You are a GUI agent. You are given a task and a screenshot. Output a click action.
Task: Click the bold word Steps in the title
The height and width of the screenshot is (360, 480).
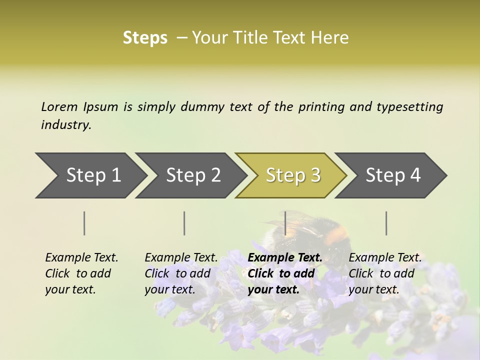pos(145,38)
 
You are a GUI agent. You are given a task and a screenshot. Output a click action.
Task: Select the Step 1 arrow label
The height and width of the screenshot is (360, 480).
pos(93,175)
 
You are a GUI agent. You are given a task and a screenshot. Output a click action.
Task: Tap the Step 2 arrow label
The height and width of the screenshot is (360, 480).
pos(193,175)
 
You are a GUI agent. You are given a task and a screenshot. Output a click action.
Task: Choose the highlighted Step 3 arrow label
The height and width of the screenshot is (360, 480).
pos(293,175)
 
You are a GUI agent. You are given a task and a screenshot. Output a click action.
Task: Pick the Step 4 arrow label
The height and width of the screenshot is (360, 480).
pos(393,175)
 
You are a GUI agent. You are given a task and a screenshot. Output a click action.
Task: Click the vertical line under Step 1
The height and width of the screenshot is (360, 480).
pos(84,223)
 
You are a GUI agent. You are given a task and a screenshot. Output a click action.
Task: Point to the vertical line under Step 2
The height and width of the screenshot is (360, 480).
pos(184,223)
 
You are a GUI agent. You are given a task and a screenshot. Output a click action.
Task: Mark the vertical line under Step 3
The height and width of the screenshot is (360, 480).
pos(285,223)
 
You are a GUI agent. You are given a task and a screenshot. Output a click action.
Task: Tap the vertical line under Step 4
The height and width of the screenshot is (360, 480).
pos(386,223)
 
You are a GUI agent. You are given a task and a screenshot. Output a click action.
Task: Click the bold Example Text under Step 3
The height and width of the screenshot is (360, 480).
pos(285,258)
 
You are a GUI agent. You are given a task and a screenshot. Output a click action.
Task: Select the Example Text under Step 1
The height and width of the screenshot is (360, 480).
pos(81,258)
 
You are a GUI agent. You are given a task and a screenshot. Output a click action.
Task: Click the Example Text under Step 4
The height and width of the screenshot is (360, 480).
pos(385,258)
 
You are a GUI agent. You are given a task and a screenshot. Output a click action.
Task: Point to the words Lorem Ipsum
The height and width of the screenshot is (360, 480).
pos(79,107)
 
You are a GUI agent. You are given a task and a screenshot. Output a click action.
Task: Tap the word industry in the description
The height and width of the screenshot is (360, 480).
pos(66,125)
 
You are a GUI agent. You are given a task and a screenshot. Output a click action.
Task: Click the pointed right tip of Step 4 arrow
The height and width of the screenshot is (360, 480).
pos(446,175)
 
